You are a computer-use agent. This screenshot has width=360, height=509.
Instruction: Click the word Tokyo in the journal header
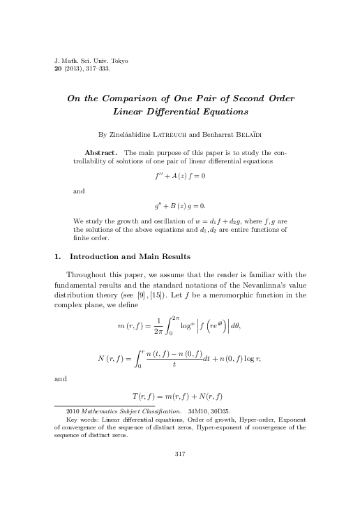117,61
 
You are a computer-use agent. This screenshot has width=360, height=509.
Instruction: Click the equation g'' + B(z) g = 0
179,206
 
